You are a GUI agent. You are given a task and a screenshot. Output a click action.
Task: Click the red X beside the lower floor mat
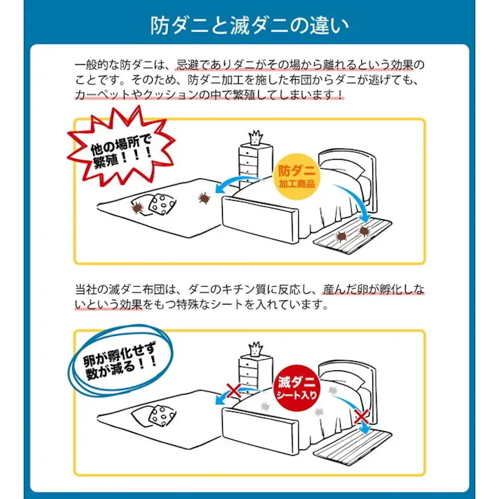click(x=361, y=419)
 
